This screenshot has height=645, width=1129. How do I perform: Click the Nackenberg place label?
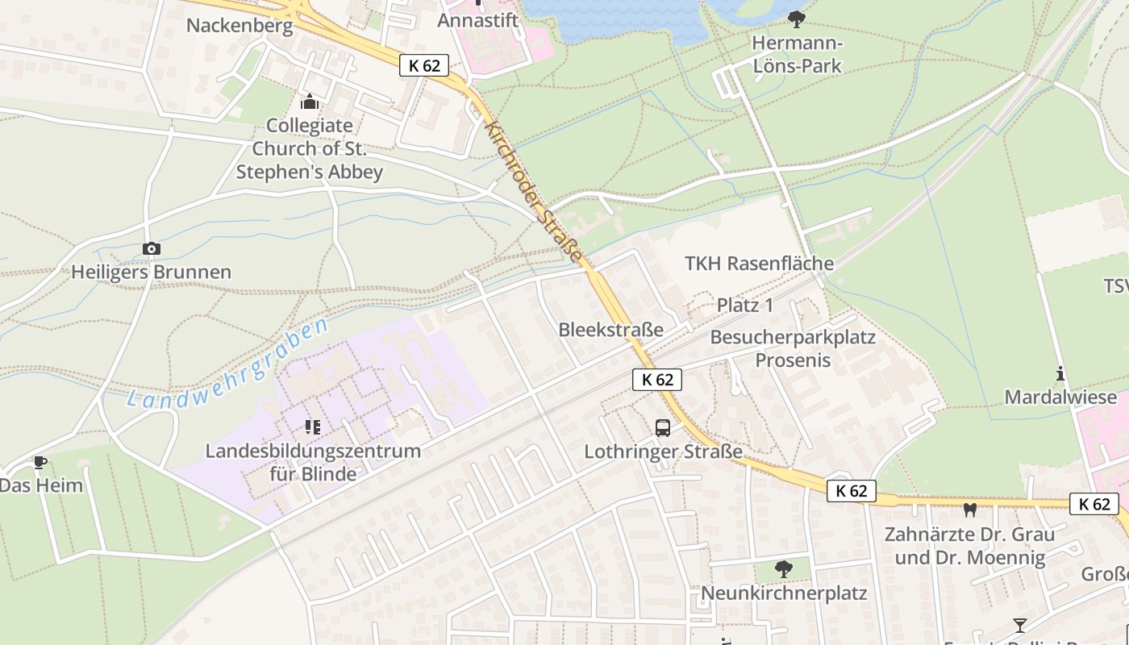240,25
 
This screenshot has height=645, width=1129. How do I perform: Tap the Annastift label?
478,20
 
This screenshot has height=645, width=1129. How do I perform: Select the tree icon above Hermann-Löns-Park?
797,18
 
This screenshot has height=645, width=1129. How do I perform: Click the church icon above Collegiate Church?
309,102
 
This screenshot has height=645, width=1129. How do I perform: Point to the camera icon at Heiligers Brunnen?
151,248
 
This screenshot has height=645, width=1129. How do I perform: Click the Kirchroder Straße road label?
534,192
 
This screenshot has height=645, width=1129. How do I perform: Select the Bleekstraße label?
610,330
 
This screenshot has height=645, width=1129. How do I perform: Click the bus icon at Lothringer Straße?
663,427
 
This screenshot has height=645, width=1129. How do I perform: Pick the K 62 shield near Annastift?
424,65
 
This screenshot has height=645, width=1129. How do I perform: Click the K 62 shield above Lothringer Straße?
657,380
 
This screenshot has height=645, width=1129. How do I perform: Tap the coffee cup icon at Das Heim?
40,462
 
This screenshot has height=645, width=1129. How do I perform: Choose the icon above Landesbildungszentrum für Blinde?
313,427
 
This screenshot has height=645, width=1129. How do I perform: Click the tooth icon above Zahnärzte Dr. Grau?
970,510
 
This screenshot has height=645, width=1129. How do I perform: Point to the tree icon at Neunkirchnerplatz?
783,569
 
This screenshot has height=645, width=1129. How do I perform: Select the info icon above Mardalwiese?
1060,373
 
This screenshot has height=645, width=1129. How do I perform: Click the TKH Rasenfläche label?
759,264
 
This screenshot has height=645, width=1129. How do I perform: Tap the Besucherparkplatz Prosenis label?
793,348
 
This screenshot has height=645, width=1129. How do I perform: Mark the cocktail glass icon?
1020,626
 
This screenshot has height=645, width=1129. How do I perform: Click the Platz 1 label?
745,305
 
